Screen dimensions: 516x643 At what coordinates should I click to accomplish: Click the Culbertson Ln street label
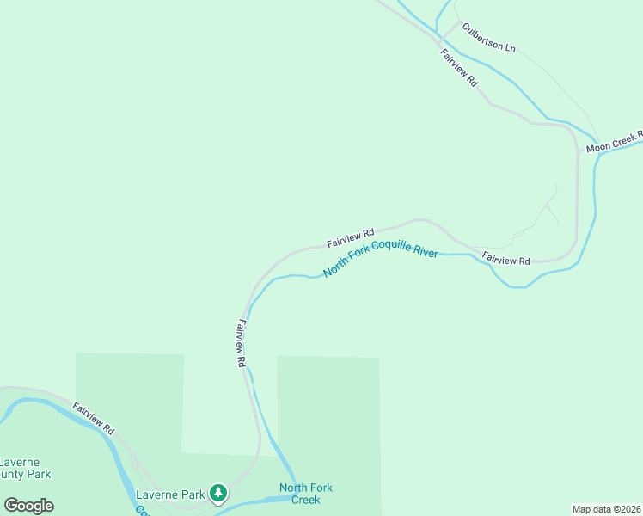[x=488, y=38]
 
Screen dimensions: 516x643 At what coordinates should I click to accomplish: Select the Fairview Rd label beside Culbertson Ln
[x=458, y=67]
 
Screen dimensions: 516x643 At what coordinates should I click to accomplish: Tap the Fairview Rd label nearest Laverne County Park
[x=93, y=417]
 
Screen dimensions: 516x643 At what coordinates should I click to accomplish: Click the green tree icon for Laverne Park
[x=219, y=493]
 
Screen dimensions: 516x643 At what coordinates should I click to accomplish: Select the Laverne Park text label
[x=170, y=494]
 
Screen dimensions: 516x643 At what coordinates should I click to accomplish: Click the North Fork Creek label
[x=306, y=494]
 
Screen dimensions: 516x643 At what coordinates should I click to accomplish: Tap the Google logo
[x=28, y=505]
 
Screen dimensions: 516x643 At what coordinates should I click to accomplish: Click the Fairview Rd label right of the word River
[x=506, y=259]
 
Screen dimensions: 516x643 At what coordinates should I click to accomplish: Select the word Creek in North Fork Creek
[x=306, y=500]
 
